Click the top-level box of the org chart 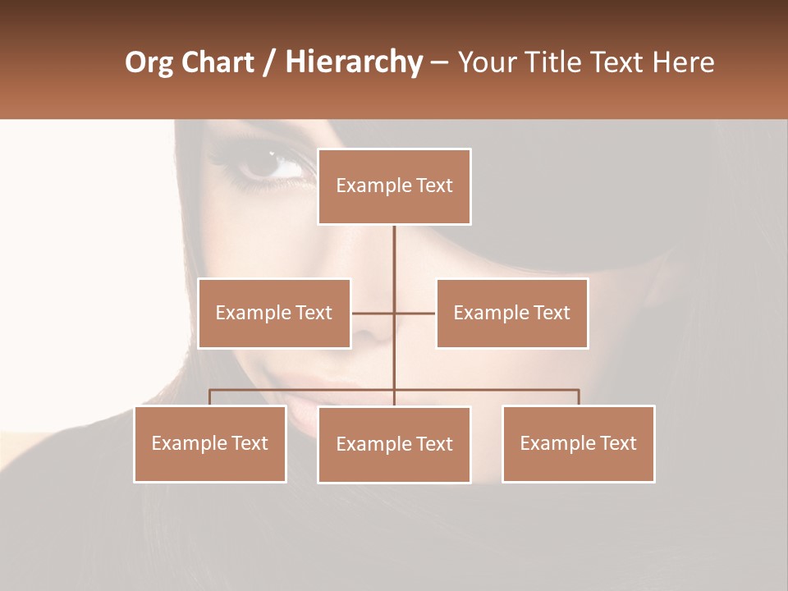(x=394, y=186)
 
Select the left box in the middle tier (x=274, y=313)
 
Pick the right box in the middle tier (x=511, y=313)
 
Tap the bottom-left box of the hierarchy (x=210, y=443)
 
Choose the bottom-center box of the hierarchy (x=394, y=444)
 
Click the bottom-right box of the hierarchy (x=578, y=443)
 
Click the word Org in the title (x=149, y=62)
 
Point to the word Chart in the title (x=218, y=62)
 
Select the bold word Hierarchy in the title (x=353, y=62)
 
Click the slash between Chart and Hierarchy (x=269, y=62)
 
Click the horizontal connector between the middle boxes (x=394, y=313)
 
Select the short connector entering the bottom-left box (x=210, y=397)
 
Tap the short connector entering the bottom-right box (x=578, y=397)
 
